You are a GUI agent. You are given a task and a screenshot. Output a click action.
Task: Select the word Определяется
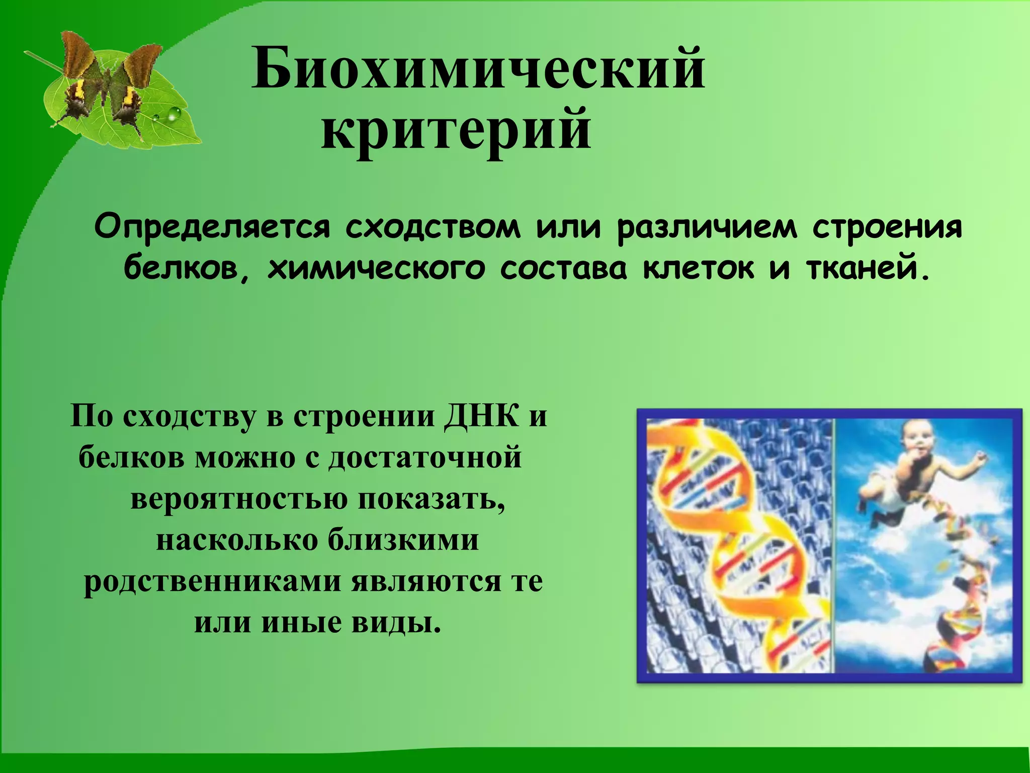[x=212, y=227]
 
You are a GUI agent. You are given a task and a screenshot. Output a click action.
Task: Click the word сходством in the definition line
[x=433, y=227]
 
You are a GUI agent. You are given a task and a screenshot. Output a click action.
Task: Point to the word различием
[x=707, y=227]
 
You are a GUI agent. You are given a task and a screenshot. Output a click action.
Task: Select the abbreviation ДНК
[x=480, y=417]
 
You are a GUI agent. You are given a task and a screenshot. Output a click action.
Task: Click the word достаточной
[x=425, y=458]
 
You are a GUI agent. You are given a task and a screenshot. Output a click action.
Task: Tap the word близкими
[x=403, y=540]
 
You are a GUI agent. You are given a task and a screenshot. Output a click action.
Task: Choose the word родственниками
[x=217, y=582]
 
